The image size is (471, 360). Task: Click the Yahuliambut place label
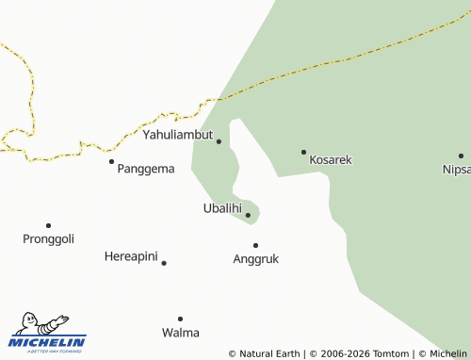coord(178,135)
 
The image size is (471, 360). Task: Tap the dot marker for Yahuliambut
coord(219,141)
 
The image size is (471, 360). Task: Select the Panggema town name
coord(146,169)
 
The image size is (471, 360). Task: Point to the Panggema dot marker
coord(111,161)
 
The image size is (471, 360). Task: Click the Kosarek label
coord(331,160)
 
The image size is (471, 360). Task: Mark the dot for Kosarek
coord(303,152)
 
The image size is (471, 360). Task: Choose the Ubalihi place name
coord(222,208)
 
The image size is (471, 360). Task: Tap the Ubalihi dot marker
coord(248,215)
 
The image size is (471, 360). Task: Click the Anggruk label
coord(255,258)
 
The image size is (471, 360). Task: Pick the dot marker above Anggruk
coord(255,245)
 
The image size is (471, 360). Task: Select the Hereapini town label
coord(130,256)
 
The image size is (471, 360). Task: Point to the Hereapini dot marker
coord(164,263)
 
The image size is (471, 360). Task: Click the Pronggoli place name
coord(48,239)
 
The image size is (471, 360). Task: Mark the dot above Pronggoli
coord(48,225)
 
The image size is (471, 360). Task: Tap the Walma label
coord(180,333)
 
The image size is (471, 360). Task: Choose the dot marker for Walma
coord(180,319)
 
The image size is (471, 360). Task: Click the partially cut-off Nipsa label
coord(457,170)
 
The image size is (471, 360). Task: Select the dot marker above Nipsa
coord(461,155)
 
